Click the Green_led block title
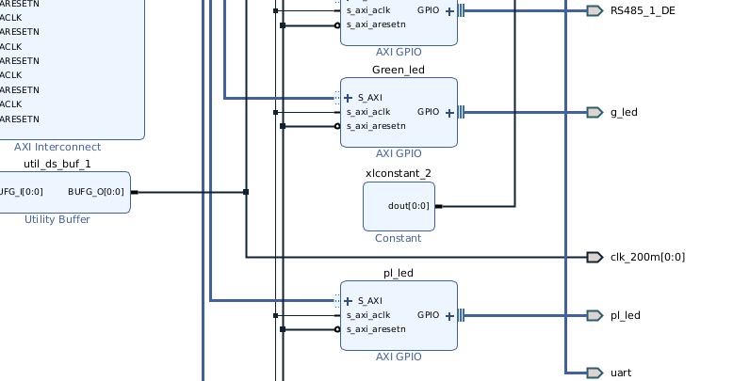[x=399, y=70]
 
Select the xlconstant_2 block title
[x=399, y=173]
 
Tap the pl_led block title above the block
[x=399, y=273]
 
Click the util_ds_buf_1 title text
[x=57, y=164]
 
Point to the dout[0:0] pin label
[x=409, y=206]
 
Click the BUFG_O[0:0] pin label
[x=96, y=192]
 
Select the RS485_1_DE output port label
[x=643, y=10]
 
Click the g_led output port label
[x=624, y=112]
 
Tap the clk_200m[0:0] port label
[x=647, y=257]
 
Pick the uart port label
[x=621, y=373]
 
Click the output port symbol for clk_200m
[x=594, y=257]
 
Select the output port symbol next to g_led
[x=594, y=112]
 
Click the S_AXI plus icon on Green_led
[x=349, y=97]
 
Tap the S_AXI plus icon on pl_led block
[x=349, y=300]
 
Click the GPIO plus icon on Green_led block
[x=449, y=112]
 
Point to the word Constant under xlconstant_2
[x=399, y=238]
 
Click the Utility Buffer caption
[x=57, y=219]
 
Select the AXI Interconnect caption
[x=57, y=147]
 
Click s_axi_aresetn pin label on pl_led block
[x=376, y=329]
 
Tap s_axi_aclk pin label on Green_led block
[x=368, y=112]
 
